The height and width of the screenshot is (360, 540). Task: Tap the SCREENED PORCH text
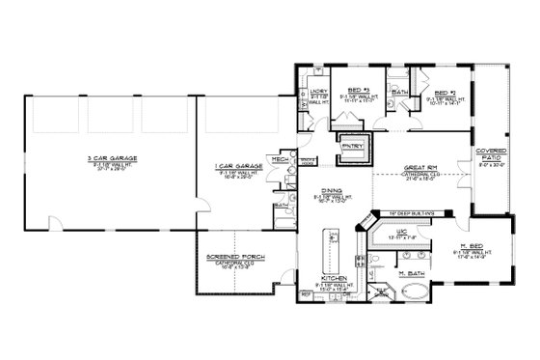tap(236, 256)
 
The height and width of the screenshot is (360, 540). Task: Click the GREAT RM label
tap(420, 166)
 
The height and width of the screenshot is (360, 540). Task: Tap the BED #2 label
tap(445, 90)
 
